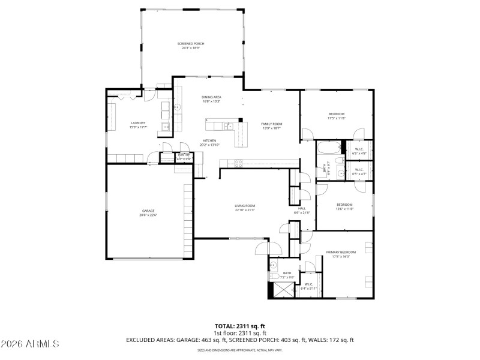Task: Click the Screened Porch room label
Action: (191, 44)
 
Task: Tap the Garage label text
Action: (148, 211)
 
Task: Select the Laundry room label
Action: (138, 123)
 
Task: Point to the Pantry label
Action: (184, 155)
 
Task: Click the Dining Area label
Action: (211, 97)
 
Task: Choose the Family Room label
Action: (271, 124)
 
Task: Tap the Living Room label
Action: (245, 206)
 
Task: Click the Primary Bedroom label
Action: (341, 252)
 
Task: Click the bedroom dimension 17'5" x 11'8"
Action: (336, 118)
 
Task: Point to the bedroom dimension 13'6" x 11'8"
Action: (344, 209)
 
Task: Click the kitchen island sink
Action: (229, 125)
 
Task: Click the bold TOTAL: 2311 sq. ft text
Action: (239, 326)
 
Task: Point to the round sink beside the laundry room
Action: (178, 107)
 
